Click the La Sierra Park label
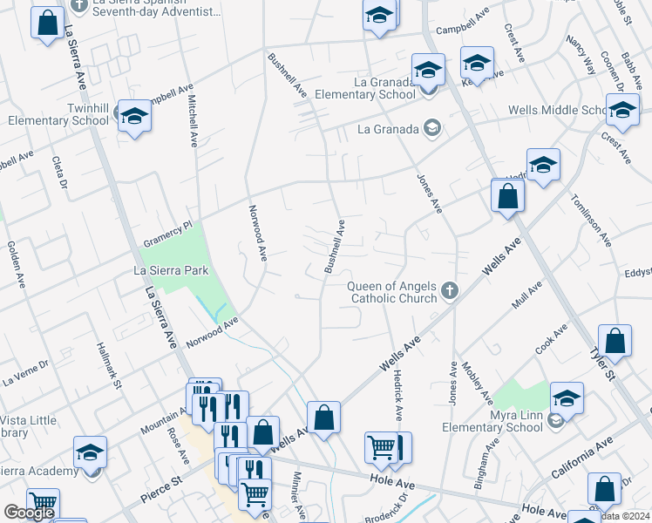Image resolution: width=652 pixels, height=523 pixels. tap(171, 270)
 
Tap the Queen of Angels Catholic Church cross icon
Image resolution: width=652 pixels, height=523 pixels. tap(450, 290)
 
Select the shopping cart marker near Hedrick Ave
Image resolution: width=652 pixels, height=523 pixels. tap(382, 448)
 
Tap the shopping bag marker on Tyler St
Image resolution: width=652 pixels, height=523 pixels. tap(615, 341)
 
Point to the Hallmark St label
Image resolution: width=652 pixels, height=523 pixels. tap(117, 365)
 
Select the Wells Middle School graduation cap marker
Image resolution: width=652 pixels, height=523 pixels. tap(622, 111)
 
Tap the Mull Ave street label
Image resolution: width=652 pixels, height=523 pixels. tap(527, 295)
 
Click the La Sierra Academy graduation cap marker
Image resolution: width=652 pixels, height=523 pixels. tap(90, 453)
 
